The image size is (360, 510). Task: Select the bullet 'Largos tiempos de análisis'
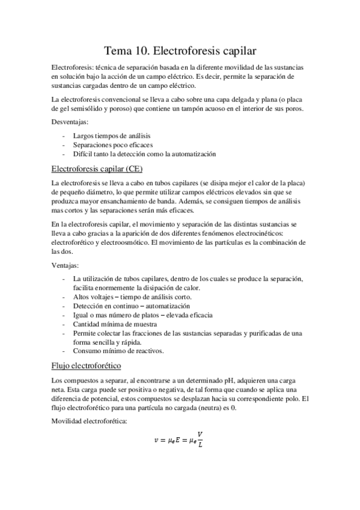pyautogui.click(x=111, y=136)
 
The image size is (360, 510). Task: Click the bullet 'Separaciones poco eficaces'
pyautogui.click(x=112, y=145)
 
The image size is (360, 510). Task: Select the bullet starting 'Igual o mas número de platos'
pyautogui.click(x=142, y=315)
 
